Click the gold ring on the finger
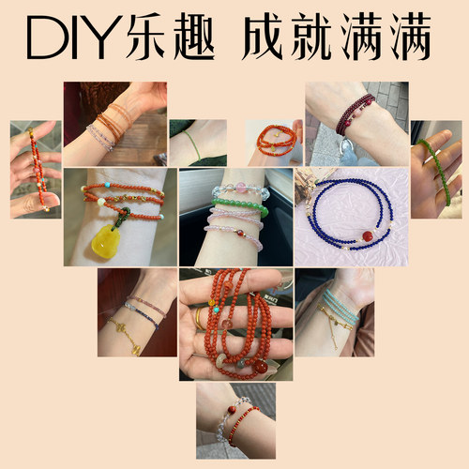[200, 319]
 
